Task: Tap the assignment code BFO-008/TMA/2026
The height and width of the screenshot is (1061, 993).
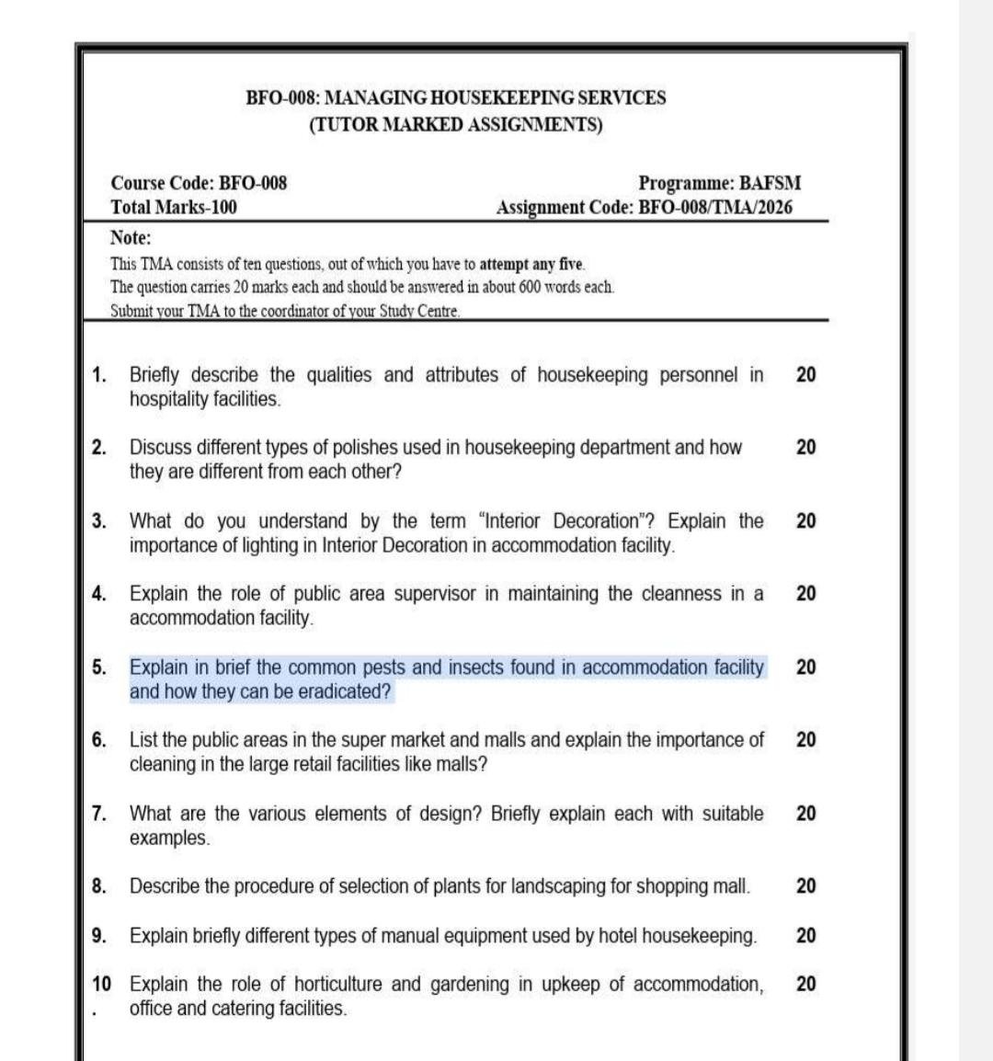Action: point(714,208)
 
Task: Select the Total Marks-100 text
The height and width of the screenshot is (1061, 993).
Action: point(174,208)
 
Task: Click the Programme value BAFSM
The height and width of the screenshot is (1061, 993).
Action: point(770,183)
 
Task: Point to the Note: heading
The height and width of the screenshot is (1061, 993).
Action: point(131,238)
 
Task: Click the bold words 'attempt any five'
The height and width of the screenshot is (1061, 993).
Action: point(531,265)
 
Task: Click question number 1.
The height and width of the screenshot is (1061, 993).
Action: point(98,375)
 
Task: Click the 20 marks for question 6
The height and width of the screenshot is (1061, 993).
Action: point(805,740)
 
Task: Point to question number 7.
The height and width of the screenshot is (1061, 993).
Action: point(98,814)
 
